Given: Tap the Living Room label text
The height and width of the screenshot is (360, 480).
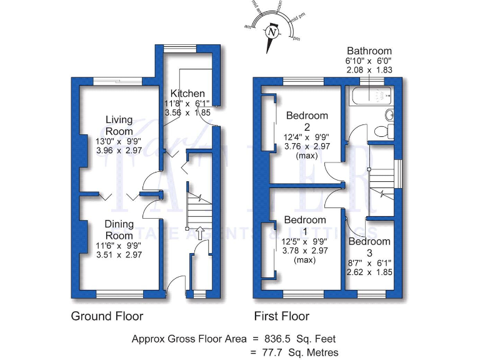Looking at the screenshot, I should [x=119, y=125].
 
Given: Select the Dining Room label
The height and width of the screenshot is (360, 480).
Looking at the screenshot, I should [x=118, y=229].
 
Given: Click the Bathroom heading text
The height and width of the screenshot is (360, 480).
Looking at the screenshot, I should [x=369, y=51].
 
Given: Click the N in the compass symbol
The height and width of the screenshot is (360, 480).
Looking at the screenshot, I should [x=271, y=31].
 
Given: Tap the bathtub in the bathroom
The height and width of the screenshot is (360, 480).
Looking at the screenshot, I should [x=369, y=97].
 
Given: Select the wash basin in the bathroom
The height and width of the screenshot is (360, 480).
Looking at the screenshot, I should [x=389, y=114].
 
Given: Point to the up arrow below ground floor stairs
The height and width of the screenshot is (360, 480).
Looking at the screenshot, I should [x=199, y=233].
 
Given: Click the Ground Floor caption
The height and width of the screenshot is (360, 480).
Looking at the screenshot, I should [x=107, y=316].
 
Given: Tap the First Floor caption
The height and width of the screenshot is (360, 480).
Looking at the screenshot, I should [x=281, y=316].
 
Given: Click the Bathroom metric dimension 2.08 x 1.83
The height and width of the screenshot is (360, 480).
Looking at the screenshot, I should [x=369, y=72].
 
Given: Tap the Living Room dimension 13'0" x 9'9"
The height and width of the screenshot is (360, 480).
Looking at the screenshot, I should [x=119, y=142].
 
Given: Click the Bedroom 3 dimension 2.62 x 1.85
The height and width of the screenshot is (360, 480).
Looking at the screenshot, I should [x=369, y=273].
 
